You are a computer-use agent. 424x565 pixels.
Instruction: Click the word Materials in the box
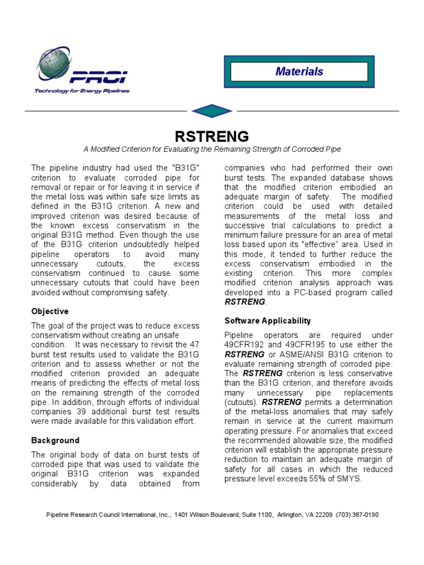299,71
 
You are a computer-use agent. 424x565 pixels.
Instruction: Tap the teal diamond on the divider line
211,111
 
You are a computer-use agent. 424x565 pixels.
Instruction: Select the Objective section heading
50,311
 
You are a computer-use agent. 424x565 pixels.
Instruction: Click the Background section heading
55,440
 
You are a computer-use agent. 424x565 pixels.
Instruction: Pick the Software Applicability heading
267,321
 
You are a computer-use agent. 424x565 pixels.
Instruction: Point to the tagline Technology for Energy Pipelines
82,91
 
